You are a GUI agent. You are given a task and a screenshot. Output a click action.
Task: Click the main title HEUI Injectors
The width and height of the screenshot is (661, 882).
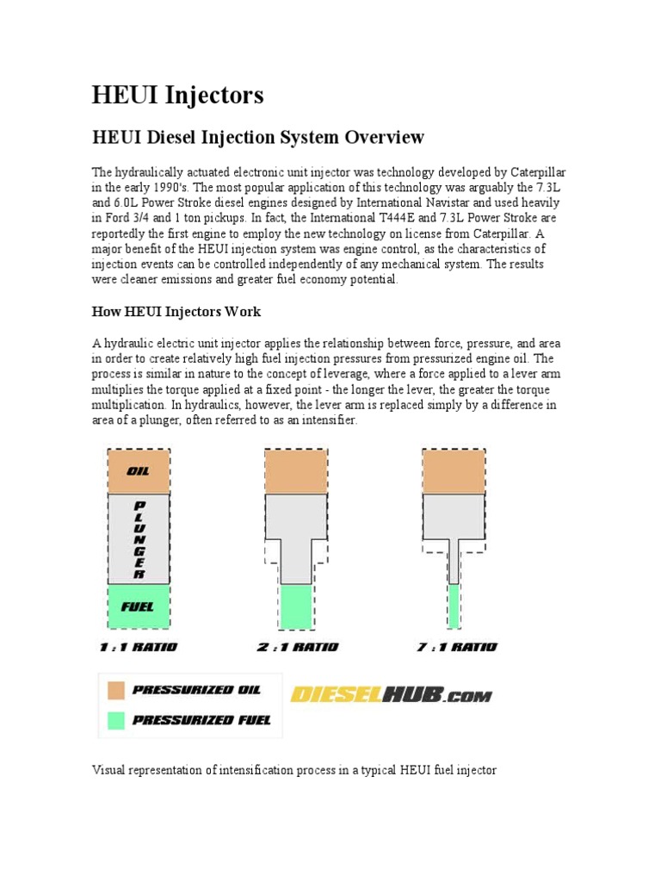(177, 95)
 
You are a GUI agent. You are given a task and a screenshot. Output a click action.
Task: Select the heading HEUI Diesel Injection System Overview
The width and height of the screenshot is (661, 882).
(258, 137)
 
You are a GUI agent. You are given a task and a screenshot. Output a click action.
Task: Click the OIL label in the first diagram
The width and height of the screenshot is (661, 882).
(139, 471)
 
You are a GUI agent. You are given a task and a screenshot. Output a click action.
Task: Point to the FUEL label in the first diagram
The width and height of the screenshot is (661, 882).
(138, 606)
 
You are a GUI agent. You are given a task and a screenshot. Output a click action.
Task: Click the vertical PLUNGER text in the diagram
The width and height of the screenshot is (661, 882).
(139, 539)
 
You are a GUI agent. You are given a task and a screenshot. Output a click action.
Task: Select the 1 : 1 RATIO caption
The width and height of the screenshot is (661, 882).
(139, 647)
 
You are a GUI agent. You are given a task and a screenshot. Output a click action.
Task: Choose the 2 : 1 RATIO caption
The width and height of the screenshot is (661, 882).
(297, 647)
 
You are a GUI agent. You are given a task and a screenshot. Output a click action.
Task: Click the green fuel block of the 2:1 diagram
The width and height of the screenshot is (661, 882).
(296, 606)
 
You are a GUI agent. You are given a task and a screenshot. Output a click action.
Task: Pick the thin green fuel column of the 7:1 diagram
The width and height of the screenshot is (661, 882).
(454, 606)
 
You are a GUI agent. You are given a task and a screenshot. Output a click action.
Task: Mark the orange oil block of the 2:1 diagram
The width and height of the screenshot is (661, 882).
(296, 471)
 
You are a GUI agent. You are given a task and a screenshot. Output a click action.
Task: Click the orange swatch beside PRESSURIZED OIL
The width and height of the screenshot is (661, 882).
(116, 690)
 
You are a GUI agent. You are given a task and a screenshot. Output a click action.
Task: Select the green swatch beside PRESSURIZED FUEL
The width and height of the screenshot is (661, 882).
(116, 719)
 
